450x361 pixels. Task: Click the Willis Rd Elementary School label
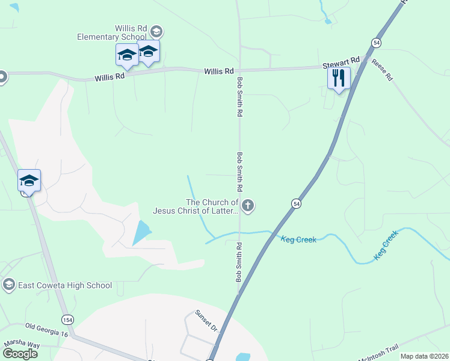pyautogui.click(x=111, y=32)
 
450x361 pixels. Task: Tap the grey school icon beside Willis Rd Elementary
pyautogui.click(x=156, y=31)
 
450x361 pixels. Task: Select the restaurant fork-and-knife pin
pyautogui.click(x=339, y=78)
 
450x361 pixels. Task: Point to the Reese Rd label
pyautogui.click(x=381, y=70)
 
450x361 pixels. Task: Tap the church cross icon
pyautogui.click(x=248, y=206)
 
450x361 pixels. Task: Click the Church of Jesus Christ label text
pyautogui.click(x=196, y=206)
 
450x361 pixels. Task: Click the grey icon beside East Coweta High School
pyautogui.click(x=8, y=285)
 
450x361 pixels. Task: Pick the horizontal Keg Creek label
pyautogui.click(x=298, y=239)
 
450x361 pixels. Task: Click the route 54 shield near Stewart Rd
pyautogui.click(x=376, y=43)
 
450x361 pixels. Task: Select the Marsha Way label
pyautogui.click(x=22, y=344)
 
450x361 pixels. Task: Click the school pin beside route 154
pyautogui.click(x=29, y=180)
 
